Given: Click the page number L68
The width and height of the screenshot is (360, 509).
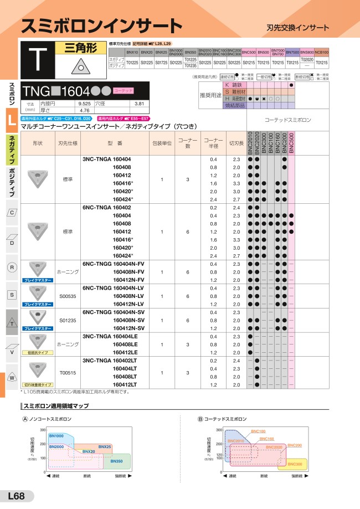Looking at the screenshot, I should [17, 496].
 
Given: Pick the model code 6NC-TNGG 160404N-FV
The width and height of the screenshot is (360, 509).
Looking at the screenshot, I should [112, 264].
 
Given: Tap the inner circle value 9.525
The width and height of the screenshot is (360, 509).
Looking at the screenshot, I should [84, 104].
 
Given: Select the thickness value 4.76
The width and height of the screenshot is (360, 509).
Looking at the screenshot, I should [84, 110].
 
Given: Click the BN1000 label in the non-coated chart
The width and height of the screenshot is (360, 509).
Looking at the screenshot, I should [56, 436].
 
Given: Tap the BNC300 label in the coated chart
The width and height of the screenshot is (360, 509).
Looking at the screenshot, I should [295, 463].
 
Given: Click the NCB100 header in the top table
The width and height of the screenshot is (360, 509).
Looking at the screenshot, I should [321, 52].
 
